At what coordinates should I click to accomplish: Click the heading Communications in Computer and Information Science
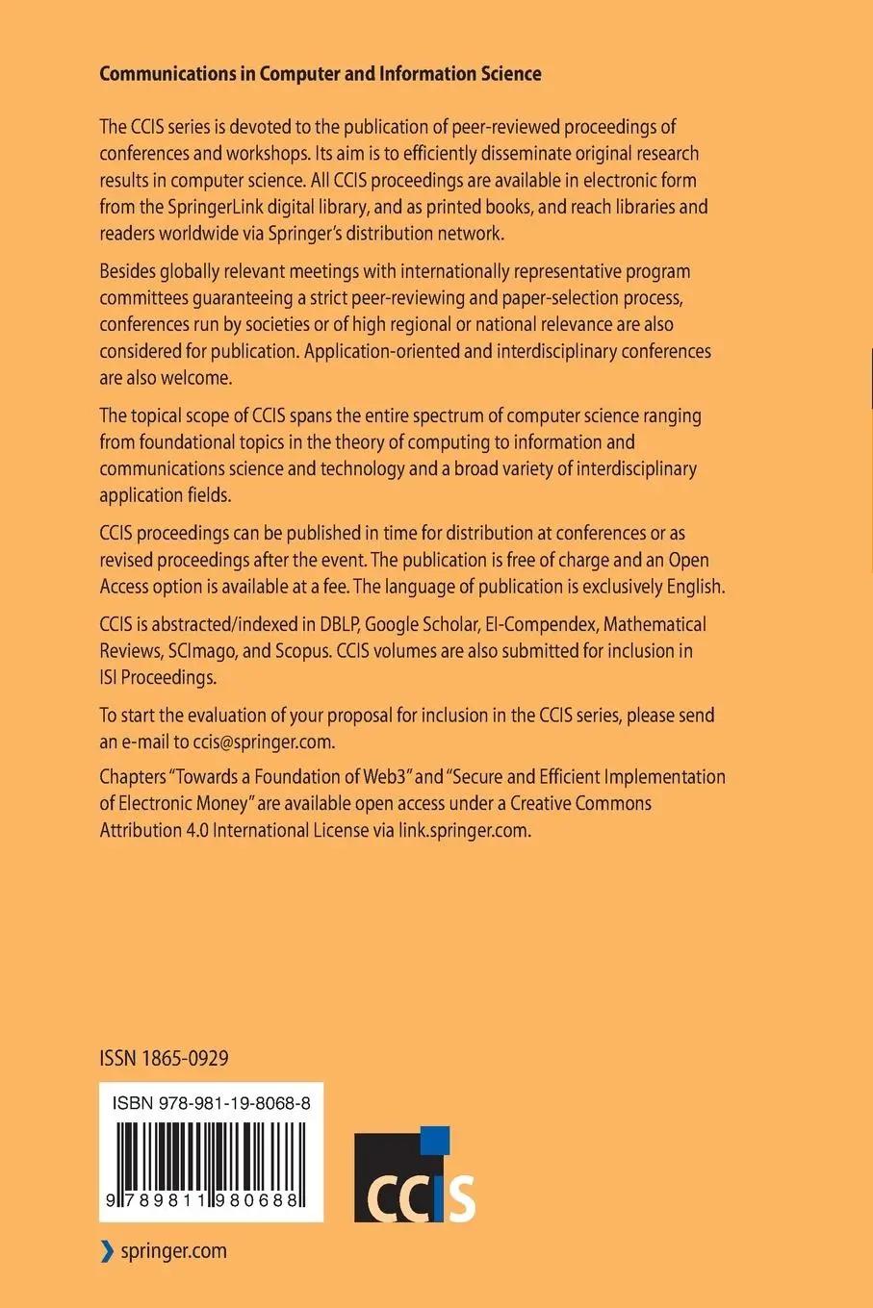click(x=320, y=74)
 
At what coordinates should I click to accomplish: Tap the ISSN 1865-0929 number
click(x=164, y=1059)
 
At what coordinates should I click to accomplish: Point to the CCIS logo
click(x=415, y=1175)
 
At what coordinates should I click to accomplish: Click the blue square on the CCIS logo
click(x=437, y=1138)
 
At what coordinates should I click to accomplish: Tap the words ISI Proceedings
click(x=157, y=677)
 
